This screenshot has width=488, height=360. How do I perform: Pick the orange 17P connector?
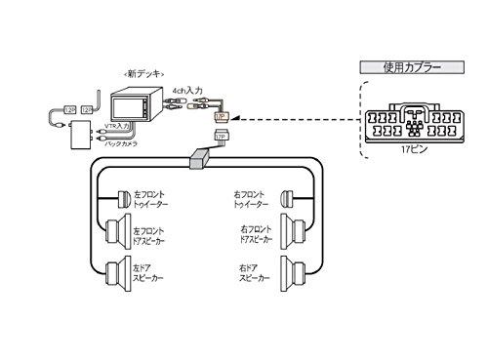220,116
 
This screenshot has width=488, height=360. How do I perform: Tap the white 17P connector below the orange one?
221,137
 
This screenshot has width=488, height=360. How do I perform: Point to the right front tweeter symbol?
288,199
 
